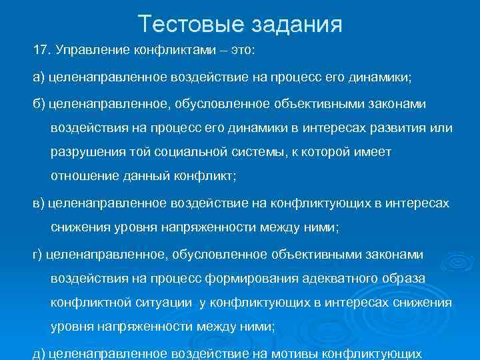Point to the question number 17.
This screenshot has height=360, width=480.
point(41,51)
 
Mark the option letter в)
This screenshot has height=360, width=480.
point(38,203)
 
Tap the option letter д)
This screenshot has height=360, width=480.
point(38,353)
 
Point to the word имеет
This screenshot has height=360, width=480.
point(372,152)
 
